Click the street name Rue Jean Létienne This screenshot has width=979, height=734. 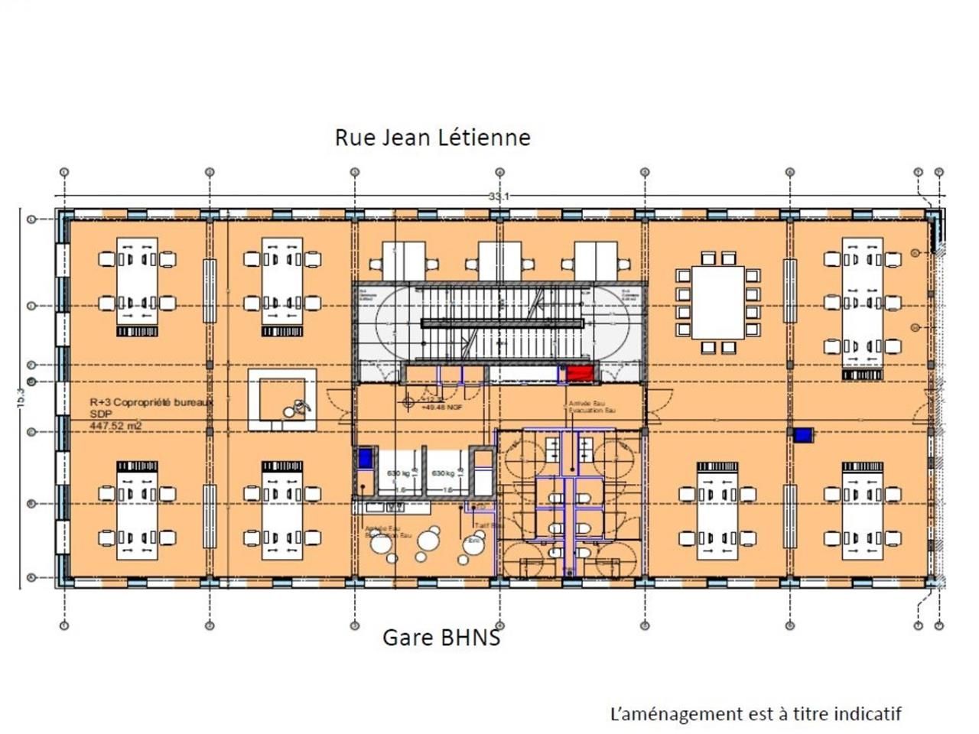pyautogui.click(x=432, y=138)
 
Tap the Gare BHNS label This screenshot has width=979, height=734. pyautogui.click(x=441, y=638)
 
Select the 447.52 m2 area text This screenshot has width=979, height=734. pyautogui.click(x=115, y=426)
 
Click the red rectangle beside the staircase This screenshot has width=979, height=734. pyautogui.click(x=580, y=374)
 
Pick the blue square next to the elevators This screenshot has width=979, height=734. pyautogui.click(x=365, y=458)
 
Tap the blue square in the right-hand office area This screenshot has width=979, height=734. pyautogui.click(x=803, y=435)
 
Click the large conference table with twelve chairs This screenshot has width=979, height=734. pyautogui.click(x=717, y=303)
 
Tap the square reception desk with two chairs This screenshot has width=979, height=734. pyautogui.click(x=282, y=400)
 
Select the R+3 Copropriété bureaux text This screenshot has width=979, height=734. pyautogui.click(x=151, y=402)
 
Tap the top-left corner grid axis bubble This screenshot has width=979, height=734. pyautogui.click(x=64, y=173)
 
